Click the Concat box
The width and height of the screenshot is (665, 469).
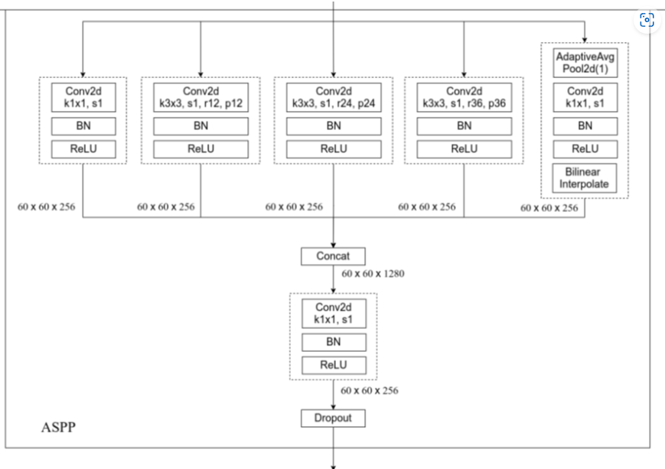click(x=334, y=256)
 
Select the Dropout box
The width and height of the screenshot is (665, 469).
click(x=334, y=419)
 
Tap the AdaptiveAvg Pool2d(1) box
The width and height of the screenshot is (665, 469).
click(x=585, y=62)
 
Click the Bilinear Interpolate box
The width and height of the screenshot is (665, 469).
click(x=585, y=178)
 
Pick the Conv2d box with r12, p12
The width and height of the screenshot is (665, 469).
click(x=200, y=96)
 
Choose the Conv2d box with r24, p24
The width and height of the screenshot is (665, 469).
click(x=334, y=96)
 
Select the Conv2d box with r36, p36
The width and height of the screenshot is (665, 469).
click(x=464, y=96)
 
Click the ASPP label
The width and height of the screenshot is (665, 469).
click(x=58, y=427)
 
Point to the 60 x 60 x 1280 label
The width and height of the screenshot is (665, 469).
click(x=373, y=273)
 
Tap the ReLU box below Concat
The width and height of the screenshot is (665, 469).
click(x=334, y=365)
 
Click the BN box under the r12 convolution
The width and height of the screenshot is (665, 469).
click(x=200, y=125)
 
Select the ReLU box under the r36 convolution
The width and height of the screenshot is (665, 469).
click(x=464, y=149)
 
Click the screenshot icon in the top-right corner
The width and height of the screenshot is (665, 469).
click(x=647, y=20)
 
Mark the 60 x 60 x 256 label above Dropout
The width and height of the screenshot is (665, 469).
click(x=370, y=391)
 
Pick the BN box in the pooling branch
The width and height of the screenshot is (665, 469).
click(x=585, y=125)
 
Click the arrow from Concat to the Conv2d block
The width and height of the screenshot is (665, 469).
click(x=334, y=279)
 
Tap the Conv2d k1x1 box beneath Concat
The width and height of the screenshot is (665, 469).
click(x=334, y=312)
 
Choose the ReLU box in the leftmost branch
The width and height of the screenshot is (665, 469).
click(x=83, y=149)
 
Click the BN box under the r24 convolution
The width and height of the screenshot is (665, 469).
click(x=334, y=125)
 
